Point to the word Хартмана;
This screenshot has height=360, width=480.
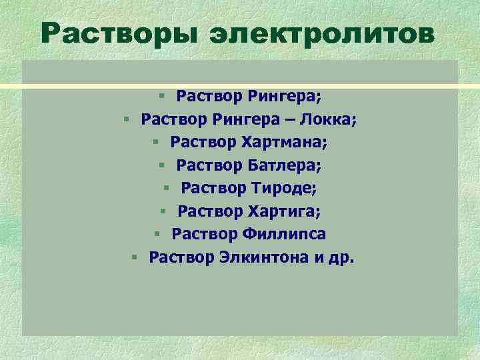click(289, 142)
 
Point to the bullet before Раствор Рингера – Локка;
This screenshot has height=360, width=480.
click(125, 119)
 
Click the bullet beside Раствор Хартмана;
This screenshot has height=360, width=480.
click(155, 143)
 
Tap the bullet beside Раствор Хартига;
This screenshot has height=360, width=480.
click(162, 212)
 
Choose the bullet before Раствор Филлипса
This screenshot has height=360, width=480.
click(156, 235)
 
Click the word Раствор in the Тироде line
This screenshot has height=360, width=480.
click(213, 188)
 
